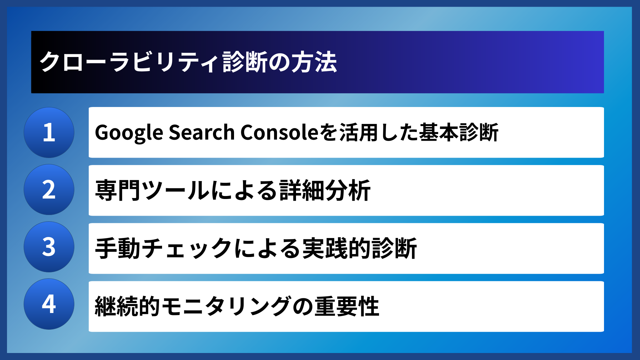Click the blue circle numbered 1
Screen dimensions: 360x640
pos(49,132)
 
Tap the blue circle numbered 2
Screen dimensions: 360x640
pos(49,190)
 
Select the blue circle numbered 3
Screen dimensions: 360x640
pos(49,247)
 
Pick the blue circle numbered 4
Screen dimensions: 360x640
pos(49,304)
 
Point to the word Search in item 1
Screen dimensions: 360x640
pos(202,132)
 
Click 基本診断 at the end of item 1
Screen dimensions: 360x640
pos(459,132)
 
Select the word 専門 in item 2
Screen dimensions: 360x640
pos(118,190)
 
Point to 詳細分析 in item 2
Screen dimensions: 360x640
pos(325,190)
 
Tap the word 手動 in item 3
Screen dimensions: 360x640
pos(118,248)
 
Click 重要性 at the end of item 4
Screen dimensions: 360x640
pos(347,306)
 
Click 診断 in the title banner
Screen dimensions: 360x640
pos(245,62)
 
